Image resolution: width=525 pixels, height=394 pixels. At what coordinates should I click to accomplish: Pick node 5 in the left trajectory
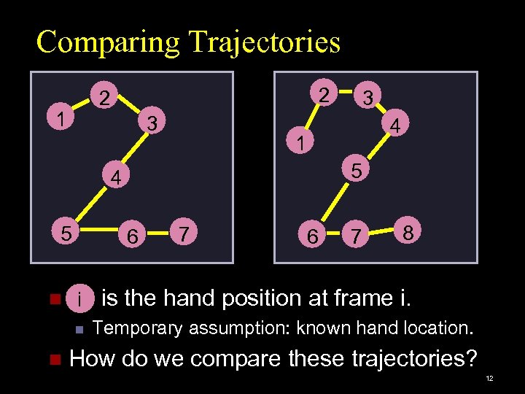66,233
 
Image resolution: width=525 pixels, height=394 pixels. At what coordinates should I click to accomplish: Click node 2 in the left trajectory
106,98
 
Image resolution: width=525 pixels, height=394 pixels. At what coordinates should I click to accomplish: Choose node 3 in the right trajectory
369,97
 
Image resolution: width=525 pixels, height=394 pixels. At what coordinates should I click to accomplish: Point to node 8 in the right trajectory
409,233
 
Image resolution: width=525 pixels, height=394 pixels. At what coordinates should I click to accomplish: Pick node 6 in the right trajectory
312,236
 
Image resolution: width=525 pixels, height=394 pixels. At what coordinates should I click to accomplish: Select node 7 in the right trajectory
355,236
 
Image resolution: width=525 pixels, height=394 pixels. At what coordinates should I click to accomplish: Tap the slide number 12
489,379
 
